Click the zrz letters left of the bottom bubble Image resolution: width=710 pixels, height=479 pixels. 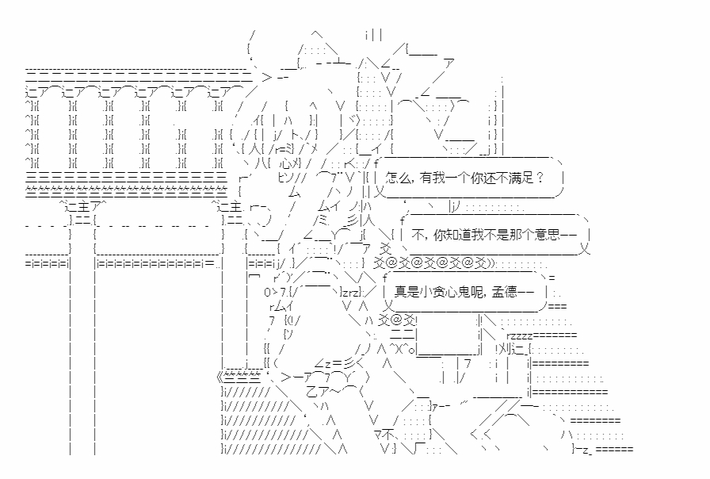pos(329,292)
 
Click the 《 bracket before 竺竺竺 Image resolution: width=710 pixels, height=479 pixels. pos(219,377)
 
